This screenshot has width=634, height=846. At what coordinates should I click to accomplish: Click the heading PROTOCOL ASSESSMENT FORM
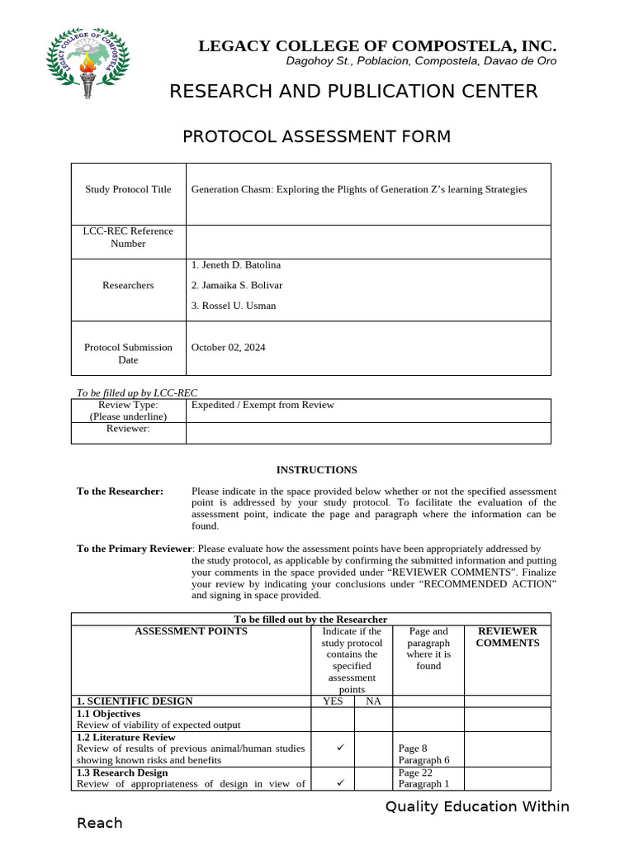click(316, 136)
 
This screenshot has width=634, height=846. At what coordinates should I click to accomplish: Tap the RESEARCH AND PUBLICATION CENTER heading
click(353, 91)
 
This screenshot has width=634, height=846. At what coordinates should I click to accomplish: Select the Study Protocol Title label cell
click(128, 189)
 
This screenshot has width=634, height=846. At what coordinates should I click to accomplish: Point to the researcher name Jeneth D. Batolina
click(236, 265)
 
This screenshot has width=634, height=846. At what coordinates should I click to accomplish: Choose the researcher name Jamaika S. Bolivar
click(237, 285)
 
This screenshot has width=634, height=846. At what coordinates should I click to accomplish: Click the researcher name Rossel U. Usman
click(234, 306)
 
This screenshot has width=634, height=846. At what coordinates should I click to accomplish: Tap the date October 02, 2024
click(229, 348)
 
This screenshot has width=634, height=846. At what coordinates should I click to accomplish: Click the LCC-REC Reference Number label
click(128, 237)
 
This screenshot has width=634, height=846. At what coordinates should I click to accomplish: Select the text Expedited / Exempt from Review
click(263, 405)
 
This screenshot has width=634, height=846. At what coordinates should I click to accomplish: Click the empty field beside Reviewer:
click(367, 433)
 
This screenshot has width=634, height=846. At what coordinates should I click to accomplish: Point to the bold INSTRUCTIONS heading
click(316, 470)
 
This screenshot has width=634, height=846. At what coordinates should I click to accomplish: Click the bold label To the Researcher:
click(120, 492)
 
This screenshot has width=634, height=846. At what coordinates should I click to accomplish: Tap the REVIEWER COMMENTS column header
click(507, 637)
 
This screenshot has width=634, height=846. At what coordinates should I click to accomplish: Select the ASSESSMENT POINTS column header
click(191, 631)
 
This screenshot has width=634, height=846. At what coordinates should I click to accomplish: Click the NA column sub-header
click(373, 701)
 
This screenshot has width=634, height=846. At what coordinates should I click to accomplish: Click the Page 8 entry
click(413, 749)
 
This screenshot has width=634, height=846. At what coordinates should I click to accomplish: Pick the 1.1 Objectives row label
click(108, 714)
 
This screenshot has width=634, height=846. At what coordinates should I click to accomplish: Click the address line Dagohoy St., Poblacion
click(421, 61)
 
